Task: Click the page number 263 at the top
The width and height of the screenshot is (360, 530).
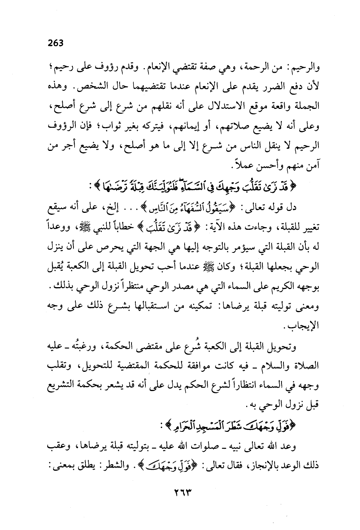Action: pos(55,43)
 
